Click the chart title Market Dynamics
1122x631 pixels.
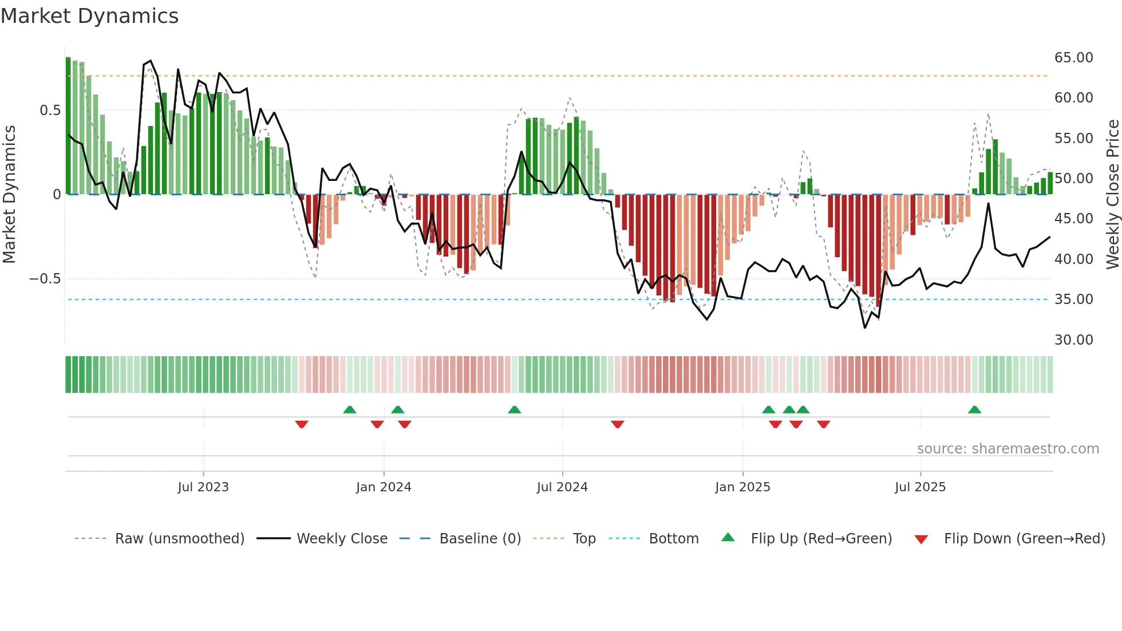pyautogui.click(x=90, y=16)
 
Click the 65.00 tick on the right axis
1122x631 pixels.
pyautogui.click(x=1073, y=58)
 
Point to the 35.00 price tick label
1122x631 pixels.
pyautogui.click(x=1073, y=299)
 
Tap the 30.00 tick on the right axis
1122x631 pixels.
pyautogui.click(x=1073, y=340)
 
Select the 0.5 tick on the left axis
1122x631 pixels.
pyautogui.click(x=50, y=111)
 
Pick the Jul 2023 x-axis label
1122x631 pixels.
pyautogui.click(x=203, y=487)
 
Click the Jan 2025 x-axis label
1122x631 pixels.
pyautogui.click(x=742, y=487)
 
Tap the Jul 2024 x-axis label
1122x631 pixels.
pyautogui.click(x=562, y=487)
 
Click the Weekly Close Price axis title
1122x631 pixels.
pyautogui.click(x=1112, y=195)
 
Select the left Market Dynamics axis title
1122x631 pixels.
pyautogui.click(x=9, y=195)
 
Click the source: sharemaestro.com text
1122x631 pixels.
pyautogui.click(x=1008, y=449)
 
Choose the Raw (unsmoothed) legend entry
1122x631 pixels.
pyautogui.click(x=179, y=539)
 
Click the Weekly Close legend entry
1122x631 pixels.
pyautogui.click(x=342, y=539)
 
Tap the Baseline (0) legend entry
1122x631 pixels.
pyautogui.click(x=480, y=539)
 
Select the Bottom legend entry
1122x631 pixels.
pyautogui.click(x=673, y=539)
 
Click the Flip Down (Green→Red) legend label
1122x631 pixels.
pyautogui.click(x=1024, y=539)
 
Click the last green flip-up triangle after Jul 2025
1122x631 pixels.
pyautogui.click(x=974, y=409)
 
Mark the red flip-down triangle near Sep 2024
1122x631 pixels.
pyautogui.click(x=617, y=424)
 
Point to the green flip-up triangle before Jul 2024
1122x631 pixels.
pyautogui.click(x=514, y=409)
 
